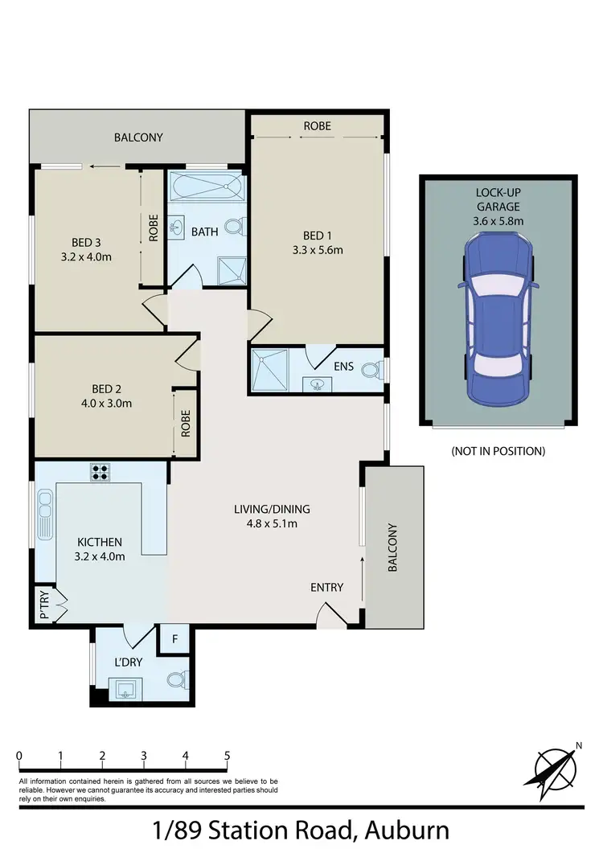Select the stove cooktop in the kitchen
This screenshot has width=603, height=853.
101,472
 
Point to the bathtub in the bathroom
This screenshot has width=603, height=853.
206,190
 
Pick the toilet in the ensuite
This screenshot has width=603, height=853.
371,371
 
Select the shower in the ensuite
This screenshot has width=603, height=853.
269,370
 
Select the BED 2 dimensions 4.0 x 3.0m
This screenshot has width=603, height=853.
102,403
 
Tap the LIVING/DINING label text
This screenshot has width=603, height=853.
271,509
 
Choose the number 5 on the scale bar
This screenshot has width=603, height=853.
228,756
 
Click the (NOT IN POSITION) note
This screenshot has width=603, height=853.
498,451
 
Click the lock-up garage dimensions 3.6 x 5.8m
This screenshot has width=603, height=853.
498,221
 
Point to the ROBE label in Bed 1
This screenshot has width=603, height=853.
317,126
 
